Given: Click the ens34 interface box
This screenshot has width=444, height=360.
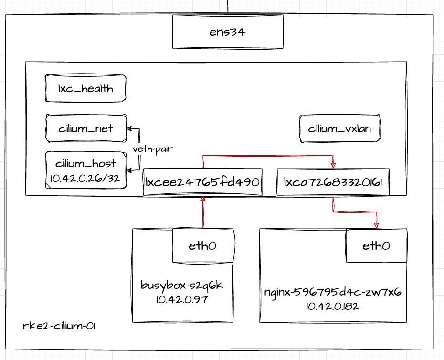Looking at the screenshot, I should [x=228, y=32].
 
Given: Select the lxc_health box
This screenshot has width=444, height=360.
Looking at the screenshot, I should [x=86, y=88].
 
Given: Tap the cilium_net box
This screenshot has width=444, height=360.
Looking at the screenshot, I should [x=86, y=128].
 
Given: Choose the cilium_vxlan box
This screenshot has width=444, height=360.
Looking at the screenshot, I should [x=339, y=128].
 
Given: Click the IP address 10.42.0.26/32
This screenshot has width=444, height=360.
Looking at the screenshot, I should [x=86, y=179].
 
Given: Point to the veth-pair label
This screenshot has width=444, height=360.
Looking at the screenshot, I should [x=152, y=149].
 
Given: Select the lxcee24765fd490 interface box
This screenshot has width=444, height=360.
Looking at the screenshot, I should [x=202, y=182].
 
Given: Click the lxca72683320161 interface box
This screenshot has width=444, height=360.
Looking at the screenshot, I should [x=333, y=182].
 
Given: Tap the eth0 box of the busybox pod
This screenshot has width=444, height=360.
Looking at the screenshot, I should [x=202, y=245].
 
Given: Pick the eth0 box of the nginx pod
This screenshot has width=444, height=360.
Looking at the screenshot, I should [x=376, y=245].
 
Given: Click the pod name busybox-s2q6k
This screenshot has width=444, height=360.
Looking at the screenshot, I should [x=182, y=286].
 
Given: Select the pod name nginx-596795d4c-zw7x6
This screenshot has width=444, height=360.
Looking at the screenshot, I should [x=332, y=292].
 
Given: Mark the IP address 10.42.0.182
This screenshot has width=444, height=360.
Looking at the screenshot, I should [x=332, y=306].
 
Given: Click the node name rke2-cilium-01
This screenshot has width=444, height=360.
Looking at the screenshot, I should [x=59, y=327].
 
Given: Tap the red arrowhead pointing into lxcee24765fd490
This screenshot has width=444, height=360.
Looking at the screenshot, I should [x=203, y=199].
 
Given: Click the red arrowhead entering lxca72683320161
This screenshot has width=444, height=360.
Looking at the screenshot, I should [x=333, y=165].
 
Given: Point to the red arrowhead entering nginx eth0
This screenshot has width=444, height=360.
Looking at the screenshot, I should [x=376, y=225].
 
